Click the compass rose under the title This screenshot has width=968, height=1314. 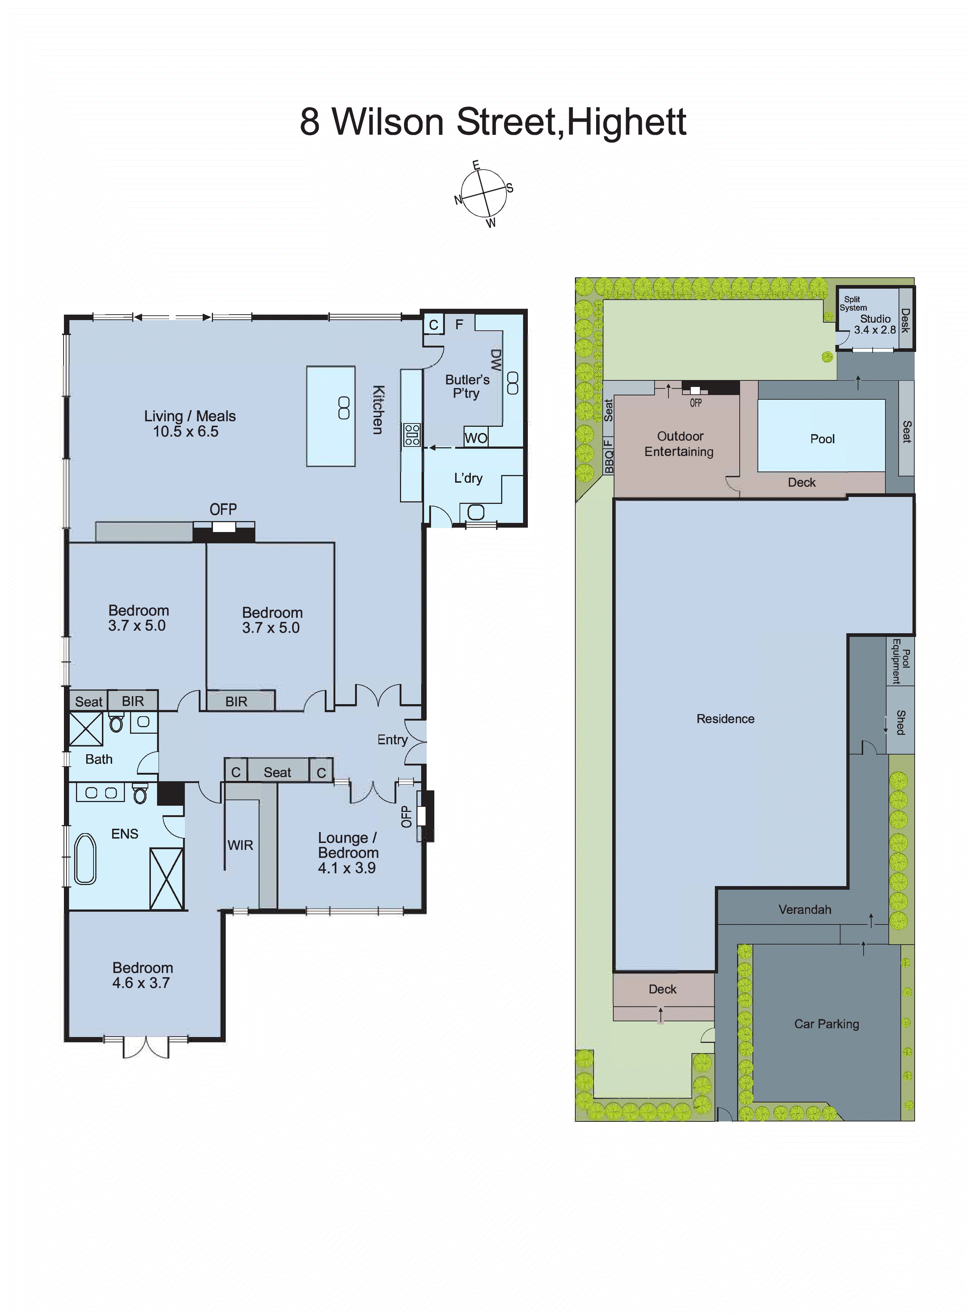[x=483, y=194]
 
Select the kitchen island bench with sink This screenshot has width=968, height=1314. [x=331, y=416]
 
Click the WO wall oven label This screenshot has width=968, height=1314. [x=475, y=438]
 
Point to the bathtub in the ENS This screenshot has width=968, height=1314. [x=85, y=859]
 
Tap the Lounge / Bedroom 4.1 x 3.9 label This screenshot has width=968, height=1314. [x=348, y=853]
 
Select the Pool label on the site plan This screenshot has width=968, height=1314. [x=822, y=439]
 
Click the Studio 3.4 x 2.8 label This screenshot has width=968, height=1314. [x=875, y=324]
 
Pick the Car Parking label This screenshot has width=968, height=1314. [x=826, y=1024]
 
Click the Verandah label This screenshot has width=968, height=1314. [x=804, y=909]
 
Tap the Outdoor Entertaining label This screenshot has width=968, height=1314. [x=679, y=444]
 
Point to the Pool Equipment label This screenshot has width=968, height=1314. [x=901, y=661]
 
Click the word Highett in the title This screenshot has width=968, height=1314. [x=626, y=122]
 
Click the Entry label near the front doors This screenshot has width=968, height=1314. [x=392, y=740]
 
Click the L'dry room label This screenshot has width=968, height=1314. [x=468, y=478]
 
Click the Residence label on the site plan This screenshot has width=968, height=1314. [x=725, y=718]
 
